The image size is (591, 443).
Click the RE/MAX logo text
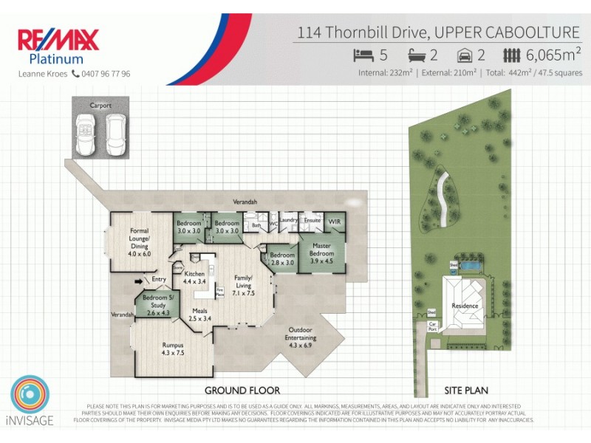click(58, 40)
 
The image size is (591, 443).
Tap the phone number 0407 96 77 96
click(106, 74)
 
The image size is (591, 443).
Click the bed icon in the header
click(363, 55)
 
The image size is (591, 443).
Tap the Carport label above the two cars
click(100, 106)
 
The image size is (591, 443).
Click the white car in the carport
click(114, 135)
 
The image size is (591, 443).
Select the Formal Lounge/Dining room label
click(139, 241)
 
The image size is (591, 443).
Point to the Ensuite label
click(312, 220)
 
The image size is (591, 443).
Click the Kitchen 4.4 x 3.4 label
click(193, 278)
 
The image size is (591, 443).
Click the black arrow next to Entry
click(137, 281)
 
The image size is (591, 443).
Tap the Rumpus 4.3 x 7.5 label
click(172, 348)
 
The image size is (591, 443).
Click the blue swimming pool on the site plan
click(468, 264)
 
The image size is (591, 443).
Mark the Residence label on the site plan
click(465, 306)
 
